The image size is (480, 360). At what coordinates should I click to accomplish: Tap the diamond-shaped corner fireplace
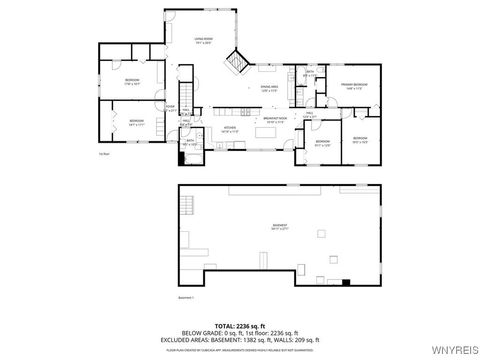click(237, 61)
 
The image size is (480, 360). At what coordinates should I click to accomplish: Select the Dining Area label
click(241, 89)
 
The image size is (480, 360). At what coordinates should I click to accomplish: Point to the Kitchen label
click(229, 128)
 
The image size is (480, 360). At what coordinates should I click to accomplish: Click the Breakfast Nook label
click(276, 118)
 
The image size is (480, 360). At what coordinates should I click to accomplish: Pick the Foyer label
click(171, 108)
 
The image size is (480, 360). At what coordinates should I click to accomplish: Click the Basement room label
click(280, 226)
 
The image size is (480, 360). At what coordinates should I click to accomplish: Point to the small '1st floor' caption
click(103, 152)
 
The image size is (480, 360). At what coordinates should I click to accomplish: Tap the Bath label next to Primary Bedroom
click(311, 72)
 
